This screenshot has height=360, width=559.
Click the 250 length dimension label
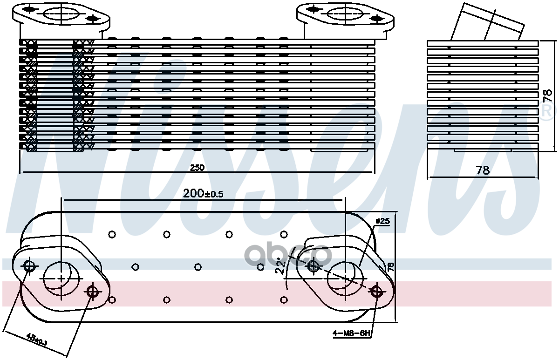point(198,168)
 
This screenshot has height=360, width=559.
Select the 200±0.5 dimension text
point(204,193)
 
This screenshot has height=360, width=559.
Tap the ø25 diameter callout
point(382,222)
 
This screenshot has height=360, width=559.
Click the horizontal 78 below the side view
point(483,170)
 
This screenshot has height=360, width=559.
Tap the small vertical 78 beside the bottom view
point(391,267)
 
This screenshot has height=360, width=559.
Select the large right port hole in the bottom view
point(345,278)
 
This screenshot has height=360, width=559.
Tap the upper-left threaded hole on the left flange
point(29,266)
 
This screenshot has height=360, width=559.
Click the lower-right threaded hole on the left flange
point(93,292)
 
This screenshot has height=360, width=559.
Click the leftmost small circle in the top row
point(112,234)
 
